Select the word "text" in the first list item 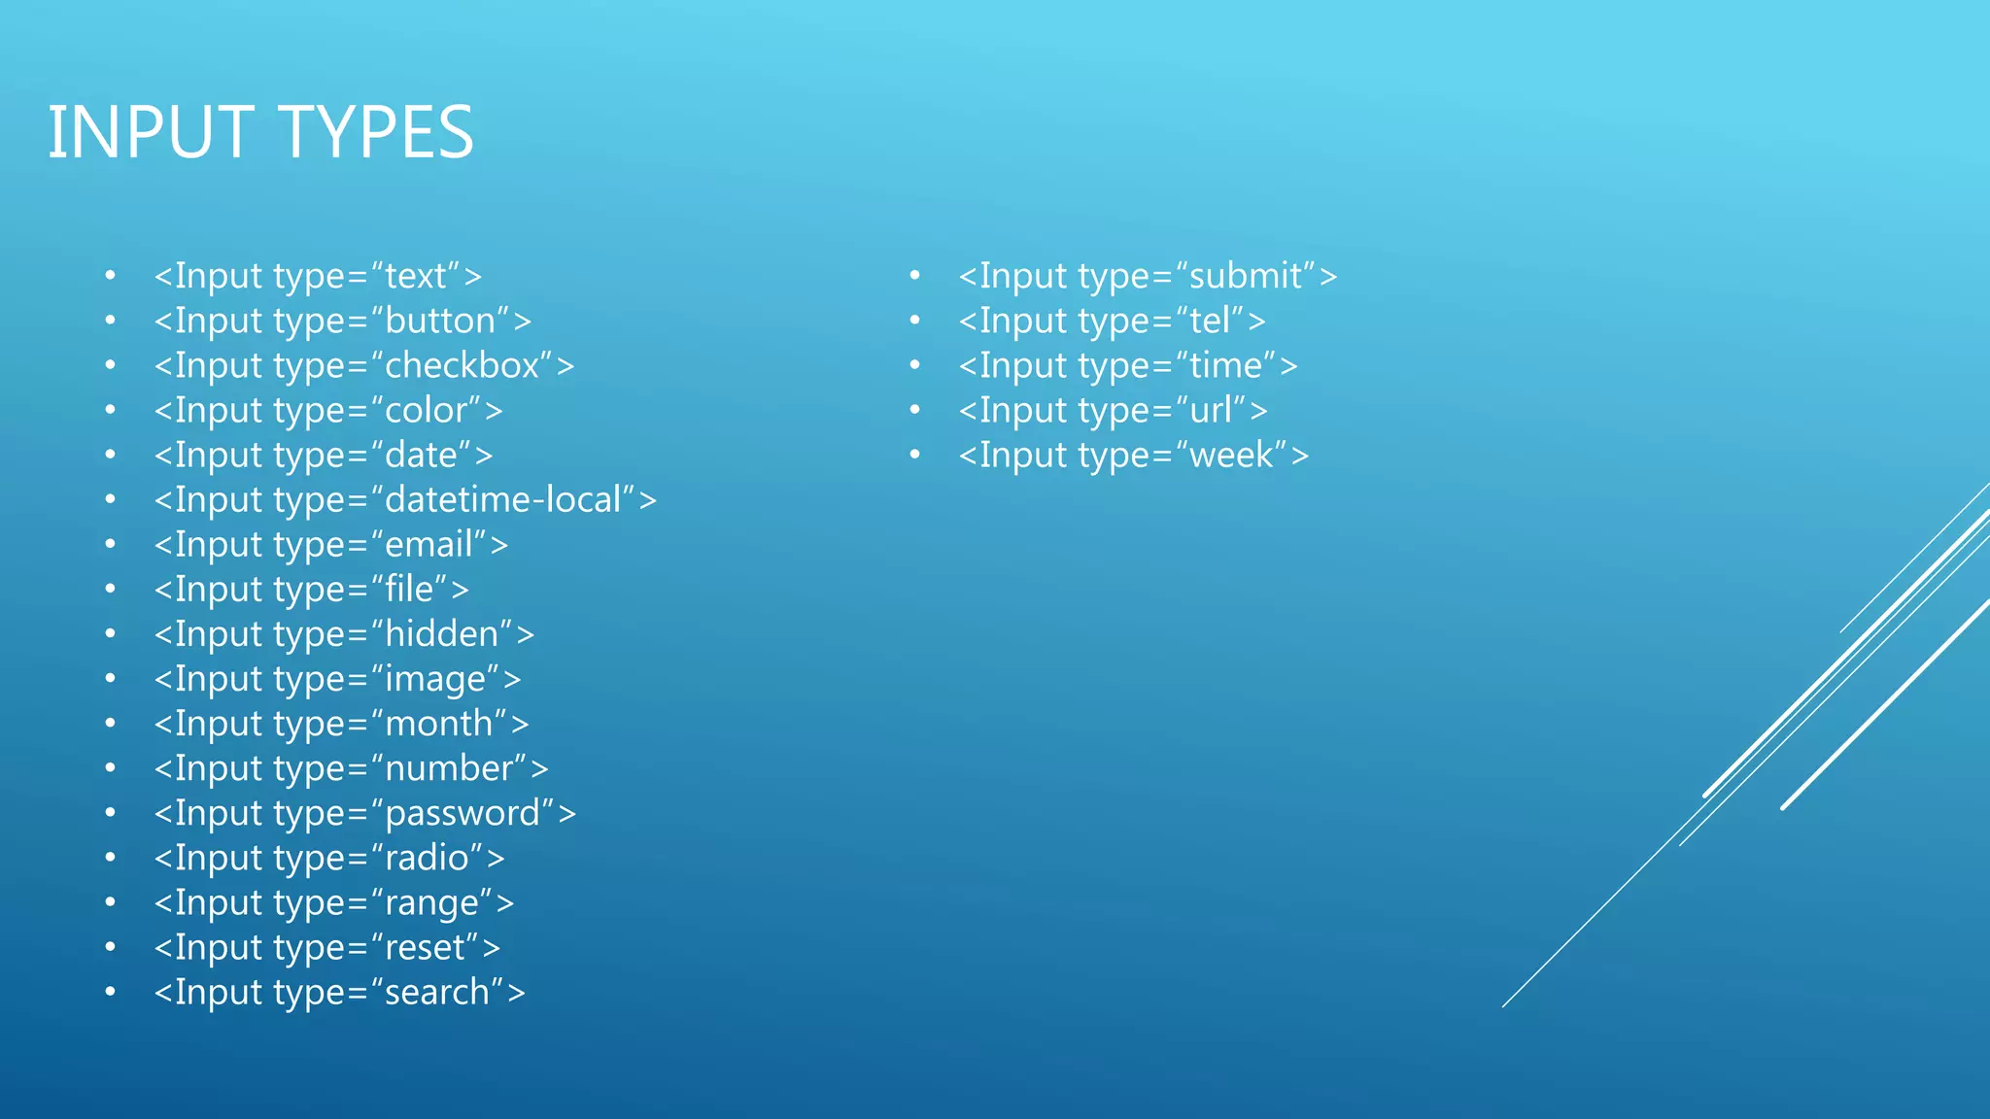416,277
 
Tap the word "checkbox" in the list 462,366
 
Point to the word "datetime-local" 502,500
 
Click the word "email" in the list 429,545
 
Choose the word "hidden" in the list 442,634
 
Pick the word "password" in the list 463,814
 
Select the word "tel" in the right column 1210,322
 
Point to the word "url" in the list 1211,411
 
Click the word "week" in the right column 1231,456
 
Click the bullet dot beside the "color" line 111,411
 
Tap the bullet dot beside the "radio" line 111,859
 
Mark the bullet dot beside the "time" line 914,366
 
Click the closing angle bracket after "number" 539,769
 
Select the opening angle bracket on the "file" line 163,591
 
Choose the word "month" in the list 439,725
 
